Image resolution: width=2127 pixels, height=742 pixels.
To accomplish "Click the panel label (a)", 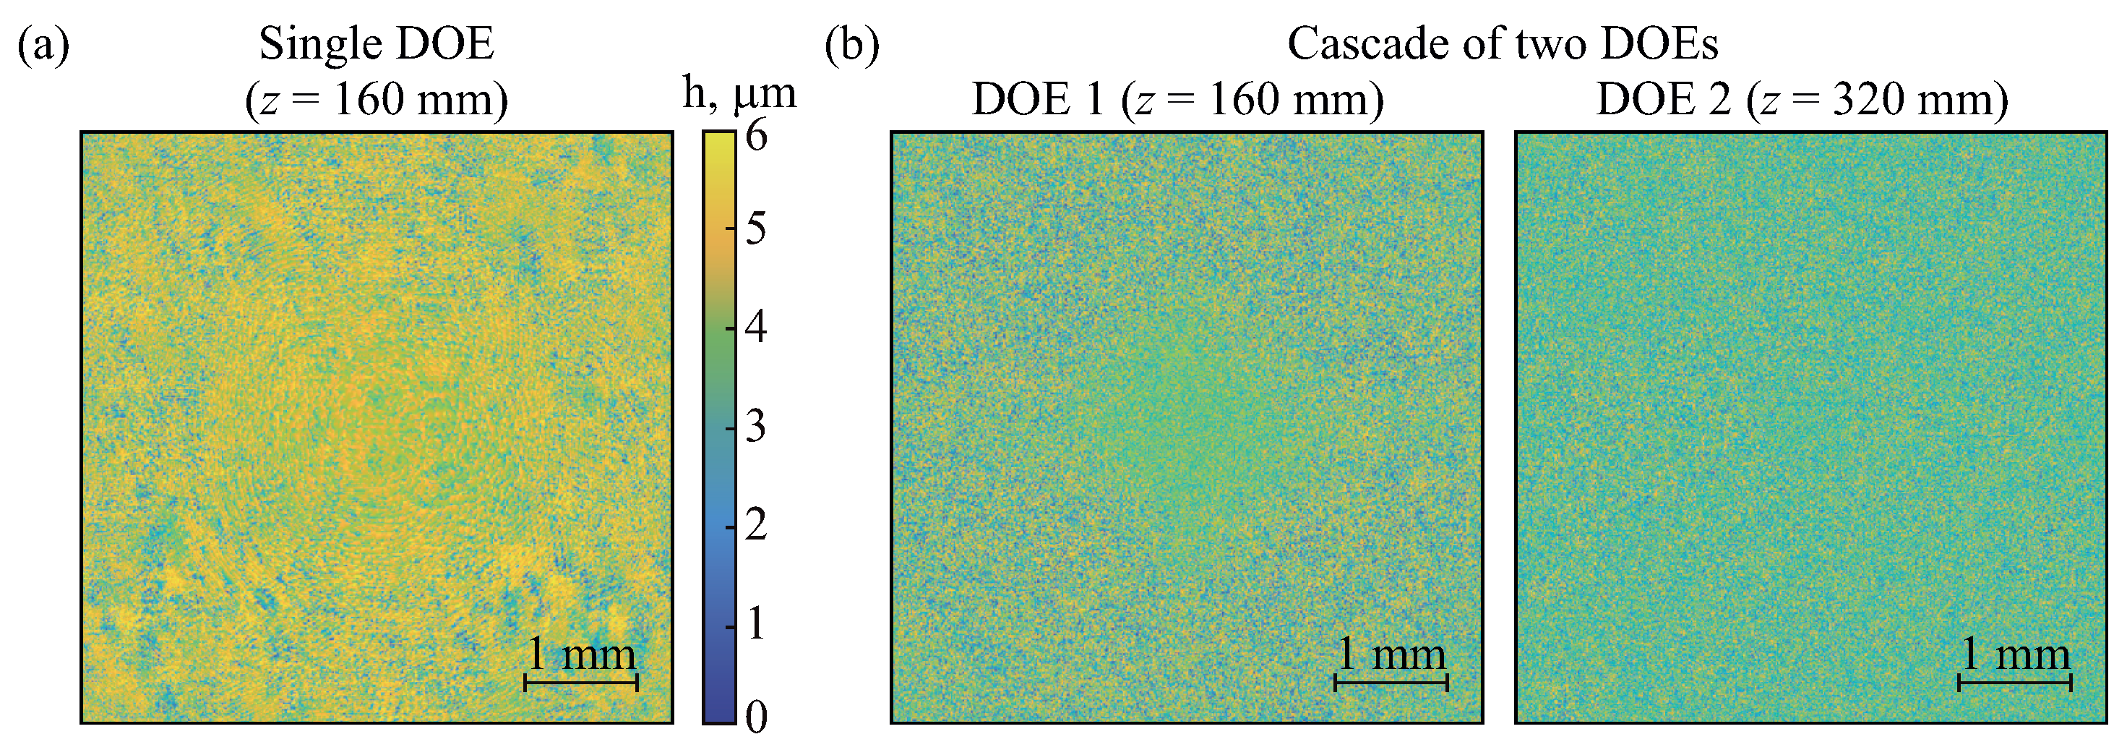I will (43, 45).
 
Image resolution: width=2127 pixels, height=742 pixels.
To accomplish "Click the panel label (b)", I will (851, 45).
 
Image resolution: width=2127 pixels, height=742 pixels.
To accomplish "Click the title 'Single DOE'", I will (377, 44).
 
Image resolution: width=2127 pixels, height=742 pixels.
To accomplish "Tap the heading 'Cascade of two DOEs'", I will (1502, 44).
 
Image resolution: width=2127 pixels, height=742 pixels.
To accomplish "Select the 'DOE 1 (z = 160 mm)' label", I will (1177, 100).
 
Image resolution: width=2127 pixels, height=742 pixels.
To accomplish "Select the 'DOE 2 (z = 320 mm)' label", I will (1802, 100).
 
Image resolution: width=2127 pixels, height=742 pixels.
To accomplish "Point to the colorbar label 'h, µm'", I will (739, 93).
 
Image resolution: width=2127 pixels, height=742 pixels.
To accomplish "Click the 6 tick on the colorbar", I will (755, 135).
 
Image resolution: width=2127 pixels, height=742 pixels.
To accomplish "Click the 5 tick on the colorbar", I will (755, 228).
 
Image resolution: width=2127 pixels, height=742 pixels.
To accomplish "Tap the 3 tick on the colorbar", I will (755, 427).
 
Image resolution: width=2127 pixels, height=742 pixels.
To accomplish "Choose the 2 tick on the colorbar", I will (755, 526).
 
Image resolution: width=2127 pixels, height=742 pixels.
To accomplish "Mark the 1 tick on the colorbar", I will (755, 625).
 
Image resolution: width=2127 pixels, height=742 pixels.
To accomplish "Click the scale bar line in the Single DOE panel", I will (581, 683).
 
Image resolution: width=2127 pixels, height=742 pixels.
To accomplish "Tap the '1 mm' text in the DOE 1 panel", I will (1391, 655).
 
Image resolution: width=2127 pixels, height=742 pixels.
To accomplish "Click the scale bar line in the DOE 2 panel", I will (2015, 683).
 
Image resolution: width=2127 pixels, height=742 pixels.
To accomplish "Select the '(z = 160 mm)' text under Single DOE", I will (377, 100).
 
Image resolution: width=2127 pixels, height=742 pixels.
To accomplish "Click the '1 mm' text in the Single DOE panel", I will (581, 655).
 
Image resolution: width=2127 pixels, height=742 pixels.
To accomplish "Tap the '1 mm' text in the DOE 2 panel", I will (2015, 655).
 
